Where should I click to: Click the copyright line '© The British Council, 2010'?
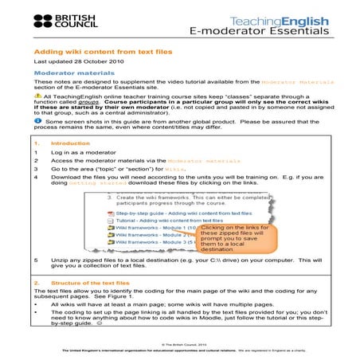[x=179, y=344]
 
